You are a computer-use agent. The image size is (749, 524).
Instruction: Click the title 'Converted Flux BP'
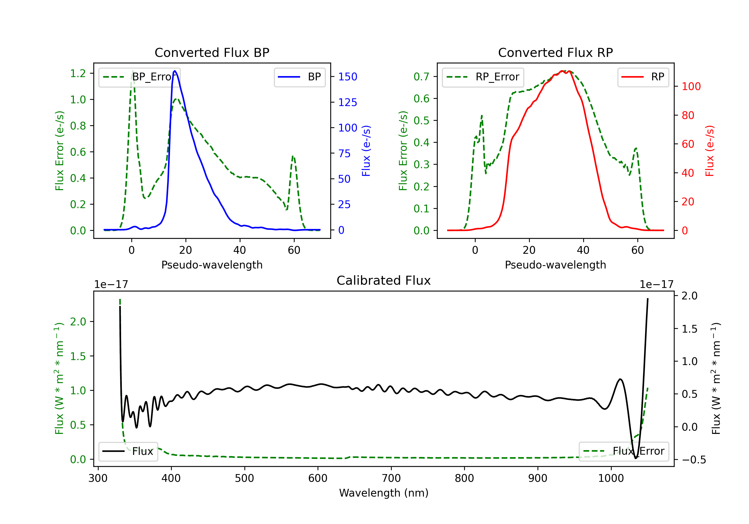pos(212,52)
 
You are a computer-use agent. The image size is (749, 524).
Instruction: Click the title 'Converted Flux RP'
pos(555,52)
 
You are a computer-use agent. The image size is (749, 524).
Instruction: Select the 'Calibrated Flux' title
pos(384,280)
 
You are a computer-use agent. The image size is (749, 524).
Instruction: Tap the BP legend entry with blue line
pos(299,77)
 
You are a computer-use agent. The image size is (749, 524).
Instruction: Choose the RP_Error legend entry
pos(483,77)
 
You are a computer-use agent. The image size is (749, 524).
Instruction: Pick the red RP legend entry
pos(643,77)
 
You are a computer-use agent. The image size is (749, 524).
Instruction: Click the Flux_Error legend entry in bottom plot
pos(624,451)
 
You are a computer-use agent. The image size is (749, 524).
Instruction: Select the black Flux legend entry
pos(128,451)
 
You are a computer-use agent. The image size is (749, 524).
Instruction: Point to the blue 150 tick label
pos(348,77)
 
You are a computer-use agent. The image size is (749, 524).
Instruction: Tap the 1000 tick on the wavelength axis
pos(611,478)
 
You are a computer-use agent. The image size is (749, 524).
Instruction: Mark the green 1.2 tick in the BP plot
pos(78,73)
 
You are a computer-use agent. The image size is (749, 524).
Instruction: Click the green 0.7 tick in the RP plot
pos(421,77)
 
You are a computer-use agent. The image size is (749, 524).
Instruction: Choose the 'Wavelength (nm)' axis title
pos(384,493)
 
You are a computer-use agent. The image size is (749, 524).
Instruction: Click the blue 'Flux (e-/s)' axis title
pos(366,151)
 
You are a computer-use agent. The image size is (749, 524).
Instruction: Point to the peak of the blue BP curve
pos(175,71)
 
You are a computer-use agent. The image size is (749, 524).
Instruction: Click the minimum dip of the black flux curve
pos(635,458)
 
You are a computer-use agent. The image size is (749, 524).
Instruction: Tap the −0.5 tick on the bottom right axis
pos(694,460)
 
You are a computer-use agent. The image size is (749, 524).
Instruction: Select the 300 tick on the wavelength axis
pos(98,478)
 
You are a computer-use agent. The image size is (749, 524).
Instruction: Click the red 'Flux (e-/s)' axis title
pos(710,151)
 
